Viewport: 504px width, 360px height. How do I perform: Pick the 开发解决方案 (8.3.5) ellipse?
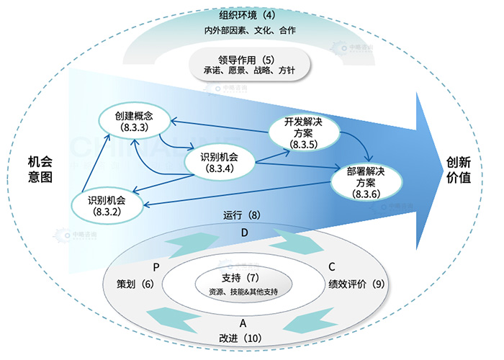pyautogui.click(x=299, y=133)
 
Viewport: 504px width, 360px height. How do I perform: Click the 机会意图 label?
pyautogui.click(x=40, y=169)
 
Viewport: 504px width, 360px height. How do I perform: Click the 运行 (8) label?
pyautogui.click(x=241, y=215)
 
